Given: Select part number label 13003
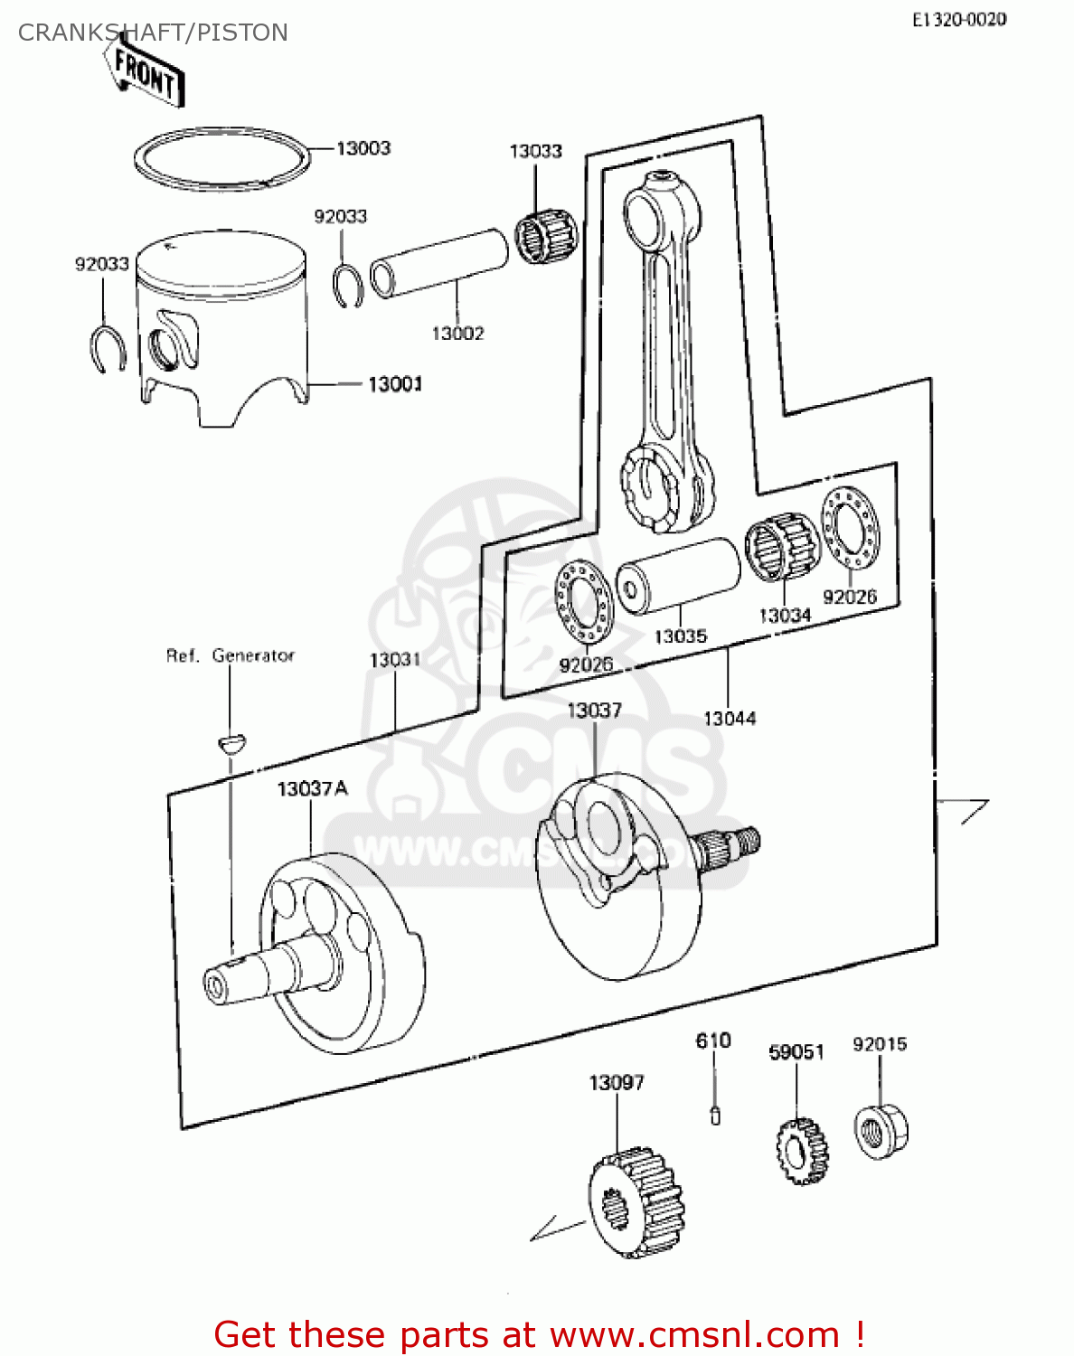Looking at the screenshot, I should click(363, 148).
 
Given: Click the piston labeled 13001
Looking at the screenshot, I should click(221, 325).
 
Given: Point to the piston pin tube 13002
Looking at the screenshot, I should click(440, 263).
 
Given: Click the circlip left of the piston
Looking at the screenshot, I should click(108, 349).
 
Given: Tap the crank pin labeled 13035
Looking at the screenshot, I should click(678, 575).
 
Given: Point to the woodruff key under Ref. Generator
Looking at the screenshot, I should click(231, 743).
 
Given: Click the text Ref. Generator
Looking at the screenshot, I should click(230, 655).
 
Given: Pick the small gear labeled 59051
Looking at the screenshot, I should click(801, 1152).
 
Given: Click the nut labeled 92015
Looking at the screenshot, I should click(880, 1130).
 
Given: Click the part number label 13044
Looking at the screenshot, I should click(730, 719).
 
